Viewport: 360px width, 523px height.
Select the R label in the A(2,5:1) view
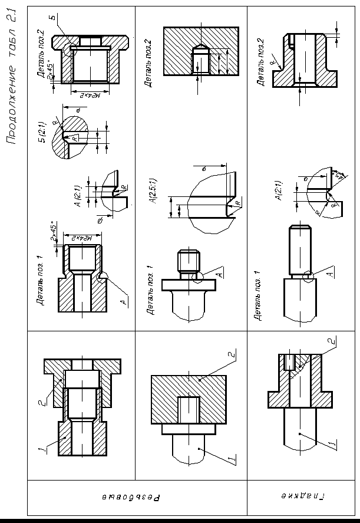[x=237, y=203]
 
